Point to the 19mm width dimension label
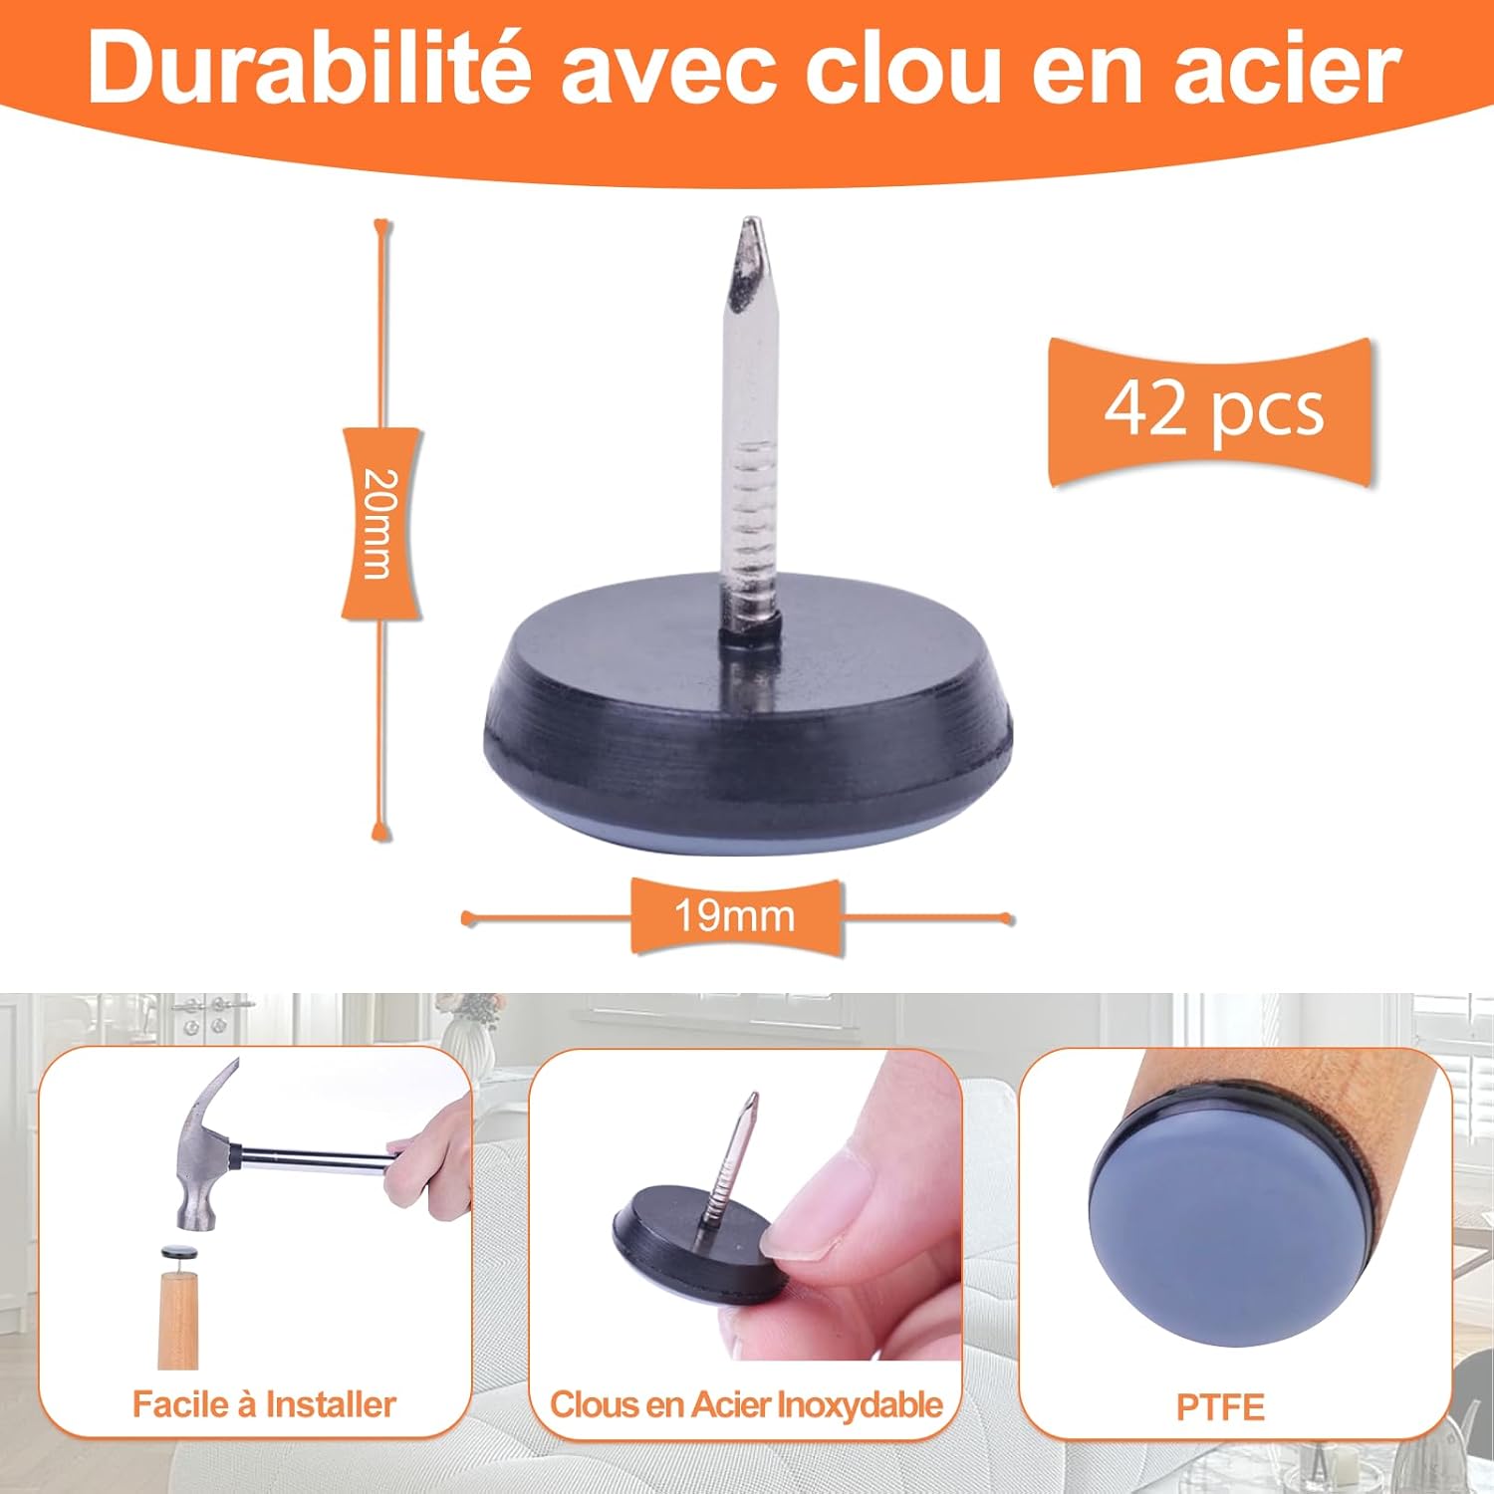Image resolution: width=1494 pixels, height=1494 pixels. click(735, 915)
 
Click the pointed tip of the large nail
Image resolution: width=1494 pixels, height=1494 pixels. click(748, 221)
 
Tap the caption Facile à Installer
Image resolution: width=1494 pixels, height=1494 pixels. click(264, 1404)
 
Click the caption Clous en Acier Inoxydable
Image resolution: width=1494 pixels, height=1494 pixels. click(746, 1404)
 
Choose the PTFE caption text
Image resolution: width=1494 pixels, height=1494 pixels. click(1220, 1406)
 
